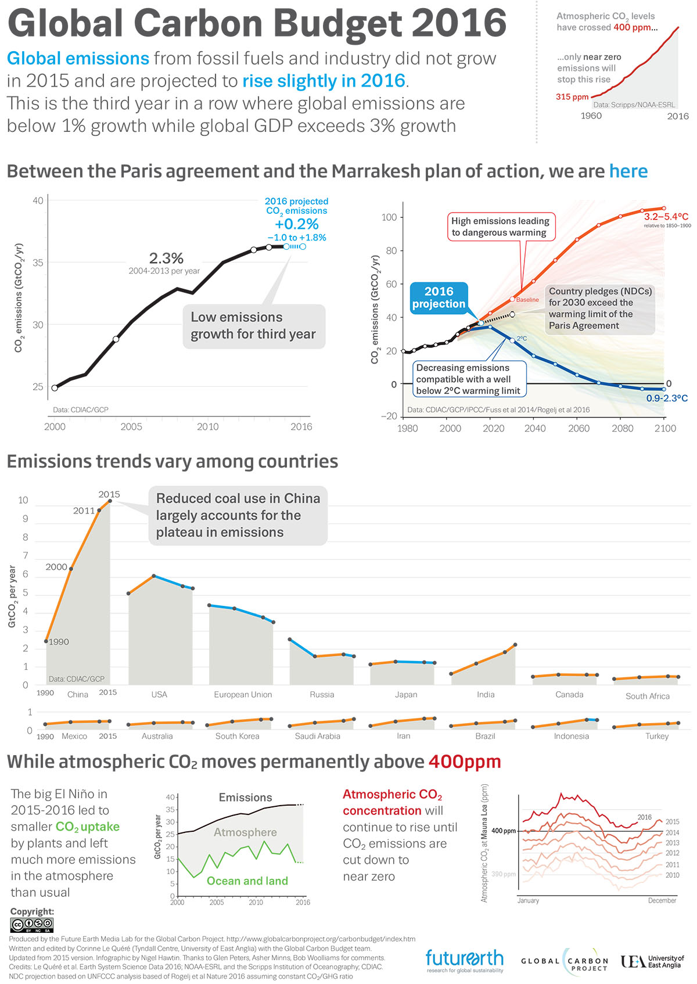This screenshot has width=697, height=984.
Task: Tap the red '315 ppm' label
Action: tap(572, 97)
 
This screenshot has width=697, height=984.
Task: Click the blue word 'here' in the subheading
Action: tap(628, 171)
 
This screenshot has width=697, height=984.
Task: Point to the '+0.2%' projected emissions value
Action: tap(296, 224)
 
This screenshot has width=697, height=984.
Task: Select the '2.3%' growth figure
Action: tap(166, 258)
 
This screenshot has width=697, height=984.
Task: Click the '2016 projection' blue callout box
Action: tap(439, 297)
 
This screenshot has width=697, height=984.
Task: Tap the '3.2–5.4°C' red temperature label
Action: tap(666, 217)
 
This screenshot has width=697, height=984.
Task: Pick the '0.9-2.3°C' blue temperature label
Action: tap(666, 398)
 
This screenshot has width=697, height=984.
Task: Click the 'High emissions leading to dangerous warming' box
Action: tap(500, 227)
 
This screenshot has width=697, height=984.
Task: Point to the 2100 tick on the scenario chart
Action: tap(664, 428)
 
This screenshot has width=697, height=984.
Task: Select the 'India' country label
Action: tap(486, 694)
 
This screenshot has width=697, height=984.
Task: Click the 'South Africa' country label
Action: tap(647, 696)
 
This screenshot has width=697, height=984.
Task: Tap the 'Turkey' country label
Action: tap(657, 736)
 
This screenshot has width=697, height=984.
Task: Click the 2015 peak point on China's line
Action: tap(110, 501)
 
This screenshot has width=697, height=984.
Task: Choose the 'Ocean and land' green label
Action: tap(247, 881)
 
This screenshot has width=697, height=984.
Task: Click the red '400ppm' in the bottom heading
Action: tap(464, 762)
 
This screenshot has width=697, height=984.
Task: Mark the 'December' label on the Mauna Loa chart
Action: tap(662, 900)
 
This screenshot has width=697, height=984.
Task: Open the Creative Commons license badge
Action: tap(32, 925)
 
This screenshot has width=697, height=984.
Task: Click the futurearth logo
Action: tap(464, 961)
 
